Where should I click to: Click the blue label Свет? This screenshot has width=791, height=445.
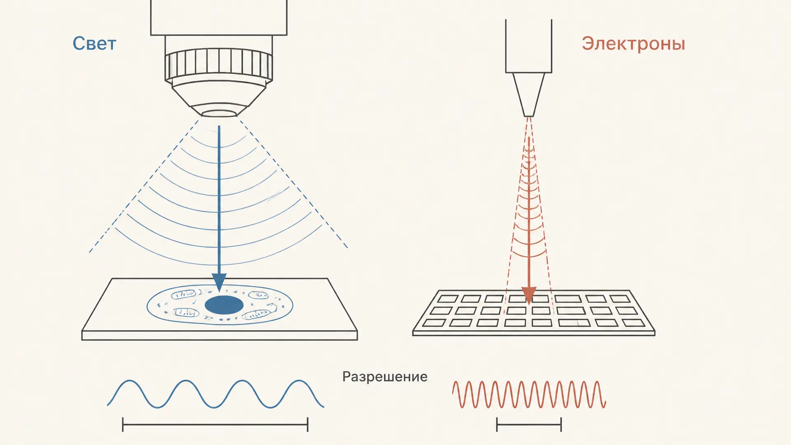[x=94, y=44]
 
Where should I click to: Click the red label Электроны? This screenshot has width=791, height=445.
[x=633, y=44]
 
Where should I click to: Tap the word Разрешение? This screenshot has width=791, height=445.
[x=385, y=377]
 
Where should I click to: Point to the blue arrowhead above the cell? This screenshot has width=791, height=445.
[x=219, y=283]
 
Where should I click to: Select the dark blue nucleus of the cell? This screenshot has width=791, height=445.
[x=224, y=305]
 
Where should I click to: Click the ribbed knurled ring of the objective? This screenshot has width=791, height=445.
[x=219, y=65]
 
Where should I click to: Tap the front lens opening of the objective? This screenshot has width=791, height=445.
[x=219, y=113]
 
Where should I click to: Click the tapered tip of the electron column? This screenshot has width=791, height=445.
[x=529, y=95]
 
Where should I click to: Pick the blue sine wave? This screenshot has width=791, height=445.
[x=215, y=394]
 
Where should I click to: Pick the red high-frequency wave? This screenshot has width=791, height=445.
[x=529, y=394]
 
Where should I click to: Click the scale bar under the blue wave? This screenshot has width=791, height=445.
[x=215, y=424]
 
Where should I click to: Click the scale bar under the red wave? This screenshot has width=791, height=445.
[x=529, y=424]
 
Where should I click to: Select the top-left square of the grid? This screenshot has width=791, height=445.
[x=447, y=298]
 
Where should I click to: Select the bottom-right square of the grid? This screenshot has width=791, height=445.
[x=633, y=323]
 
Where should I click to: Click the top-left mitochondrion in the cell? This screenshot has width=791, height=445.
[x=183, y=294]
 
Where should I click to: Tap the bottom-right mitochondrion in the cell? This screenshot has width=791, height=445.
[x=256, y=314]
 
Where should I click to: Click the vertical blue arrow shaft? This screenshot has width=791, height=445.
[x=219, y=200]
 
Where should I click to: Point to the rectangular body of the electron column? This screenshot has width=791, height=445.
[x=529, y=46]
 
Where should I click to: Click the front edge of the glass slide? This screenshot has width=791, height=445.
[x=220, y=335]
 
